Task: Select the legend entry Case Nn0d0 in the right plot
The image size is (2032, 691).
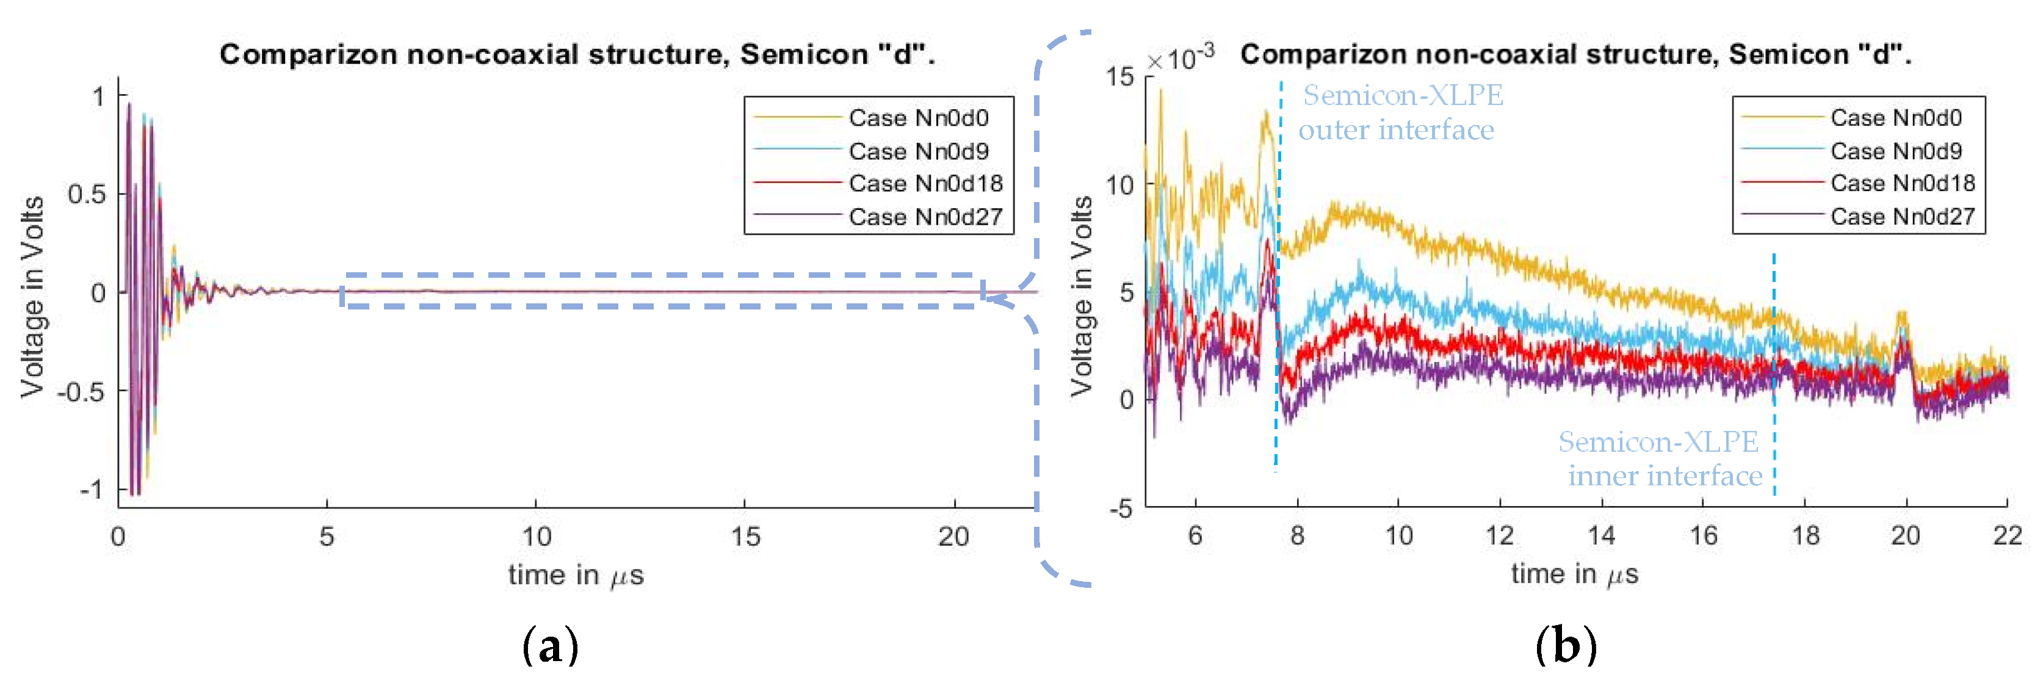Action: tap(1895, 118)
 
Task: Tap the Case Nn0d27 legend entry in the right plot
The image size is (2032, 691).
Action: tap(1902, 216)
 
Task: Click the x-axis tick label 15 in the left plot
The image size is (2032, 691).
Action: tap(745, 537)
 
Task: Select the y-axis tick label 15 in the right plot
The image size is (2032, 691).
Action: tap(1119, 78)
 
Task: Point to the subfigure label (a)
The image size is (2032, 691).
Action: tap(551, 646)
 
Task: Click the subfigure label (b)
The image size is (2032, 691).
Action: tap(1566, 646)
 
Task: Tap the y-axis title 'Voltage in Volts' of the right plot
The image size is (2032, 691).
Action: tap(1082, 296)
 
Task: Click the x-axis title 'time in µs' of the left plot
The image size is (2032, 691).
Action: tap(576, 575)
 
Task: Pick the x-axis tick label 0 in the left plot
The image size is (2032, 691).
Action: tap(118, 537)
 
